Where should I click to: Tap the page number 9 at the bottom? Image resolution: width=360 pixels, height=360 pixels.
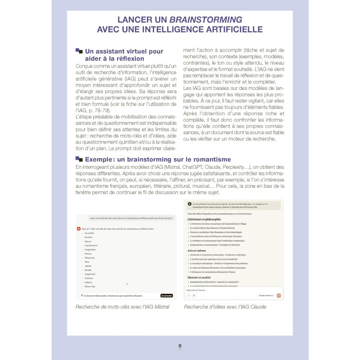tap(180, 346)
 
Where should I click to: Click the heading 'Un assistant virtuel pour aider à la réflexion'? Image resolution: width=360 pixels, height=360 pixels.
tap(124, 55)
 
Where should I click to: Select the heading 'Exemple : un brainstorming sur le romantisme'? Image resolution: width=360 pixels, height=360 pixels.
tap(158, 159)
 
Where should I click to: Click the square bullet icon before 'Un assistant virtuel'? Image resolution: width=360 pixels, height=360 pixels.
tap(79, 51)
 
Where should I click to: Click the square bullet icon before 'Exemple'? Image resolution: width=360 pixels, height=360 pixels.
tap(79, 159)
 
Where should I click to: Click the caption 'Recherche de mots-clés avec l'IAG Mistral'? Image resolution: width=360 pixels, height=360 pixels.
tap(122, 306)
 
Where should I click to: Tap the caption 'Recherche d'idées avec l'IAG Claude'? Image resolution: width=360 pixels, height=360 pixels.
tap(225, 306)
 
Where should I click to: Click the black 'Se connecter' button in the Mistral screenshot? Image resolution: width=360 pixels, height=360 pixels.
tap(166, 296)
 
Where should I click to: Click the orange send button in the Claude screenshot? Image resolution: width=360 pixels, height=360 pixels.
tap(279, 296)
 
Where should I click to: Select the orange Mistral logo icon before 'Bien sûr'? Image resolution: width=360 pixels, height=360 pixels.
tap(79, 229)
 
